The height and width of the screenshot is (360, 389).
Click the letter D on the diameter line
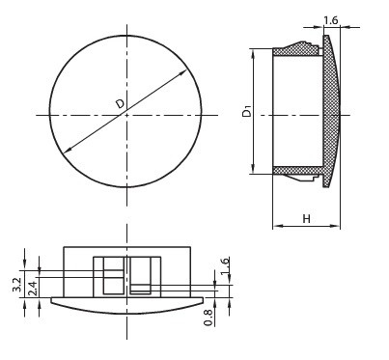pos(120,104)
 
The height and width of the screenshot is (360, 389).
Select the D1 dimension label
pos(247,112)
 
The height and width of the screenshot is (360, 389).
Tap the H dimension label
pos(307,219)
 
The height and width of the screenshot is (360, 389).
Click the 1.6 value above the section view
pos(331,20)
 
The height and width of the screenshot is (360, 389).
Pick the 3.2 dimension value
pos(16,285)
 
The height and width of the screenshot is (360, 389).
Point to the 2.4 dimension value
pos(32,289)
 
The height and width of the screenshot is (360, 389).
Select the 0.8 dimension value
pos(208,318)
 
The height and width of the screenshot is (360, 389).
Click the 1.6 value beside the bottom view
pos(225,265)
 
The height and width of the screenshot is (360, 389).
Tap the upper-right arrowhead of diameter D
pos(182,73)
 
